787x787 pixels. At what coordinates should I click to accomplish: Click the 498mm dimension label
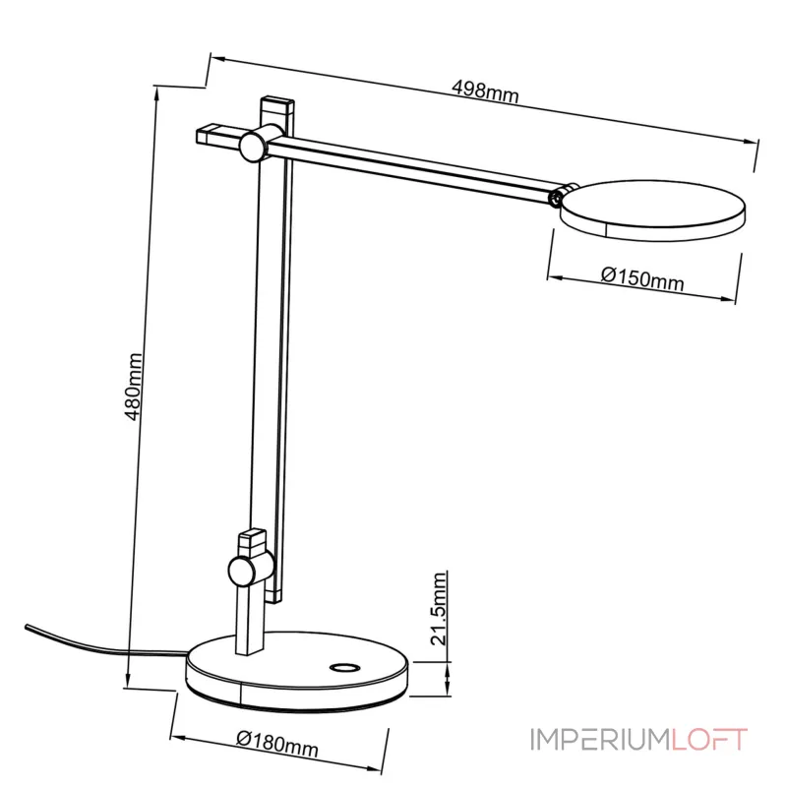(x=485, y=91)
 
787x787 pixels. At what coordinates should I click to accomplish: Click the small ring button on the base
(x=343, y=667)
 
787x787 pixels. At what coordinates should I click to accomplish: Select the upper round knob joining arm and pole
(x=252, y=146)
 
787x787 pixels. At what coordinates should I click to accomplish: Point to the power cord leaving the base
(x=98, y=645)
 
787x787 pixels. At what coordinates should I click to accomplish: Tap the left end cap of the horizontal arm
(x=210, y=133)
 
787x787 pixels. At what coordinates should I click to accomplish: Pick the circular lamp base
(x=295, y=679)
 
